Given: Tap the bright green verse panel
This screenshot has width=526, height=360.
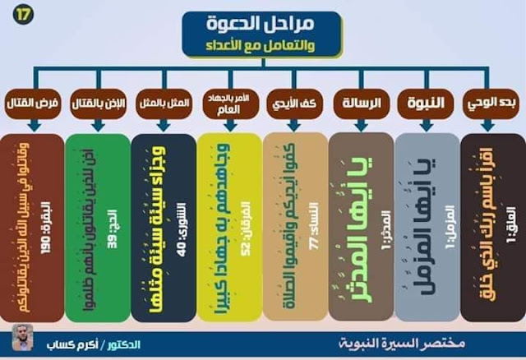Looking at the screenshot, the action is click(x=97, y=226).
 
